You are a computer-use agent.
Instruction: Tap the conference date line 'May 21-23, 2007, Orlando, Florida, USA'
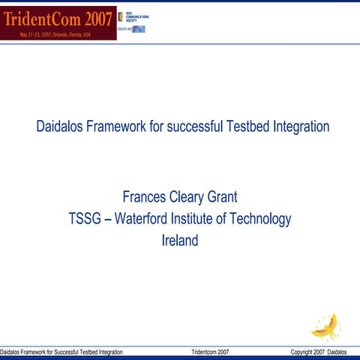point(58,34)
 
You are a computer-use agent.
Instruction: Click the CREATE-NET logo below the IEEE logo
point(132,29)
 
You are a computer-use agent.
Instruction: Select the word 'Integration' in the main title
point(298,126)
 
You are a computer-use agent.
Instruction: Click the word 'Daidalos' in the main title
point(59,126)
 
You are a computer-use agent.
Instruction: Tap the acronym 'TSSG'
point(86,219)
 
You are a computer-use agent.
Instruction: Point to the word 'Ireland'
point(180,241)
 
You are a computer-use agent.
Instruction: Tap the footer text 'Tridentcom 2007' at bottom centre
point(210,352)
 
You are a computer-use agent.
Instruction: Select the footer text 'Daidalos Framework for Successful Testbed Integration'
point(61,352)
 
